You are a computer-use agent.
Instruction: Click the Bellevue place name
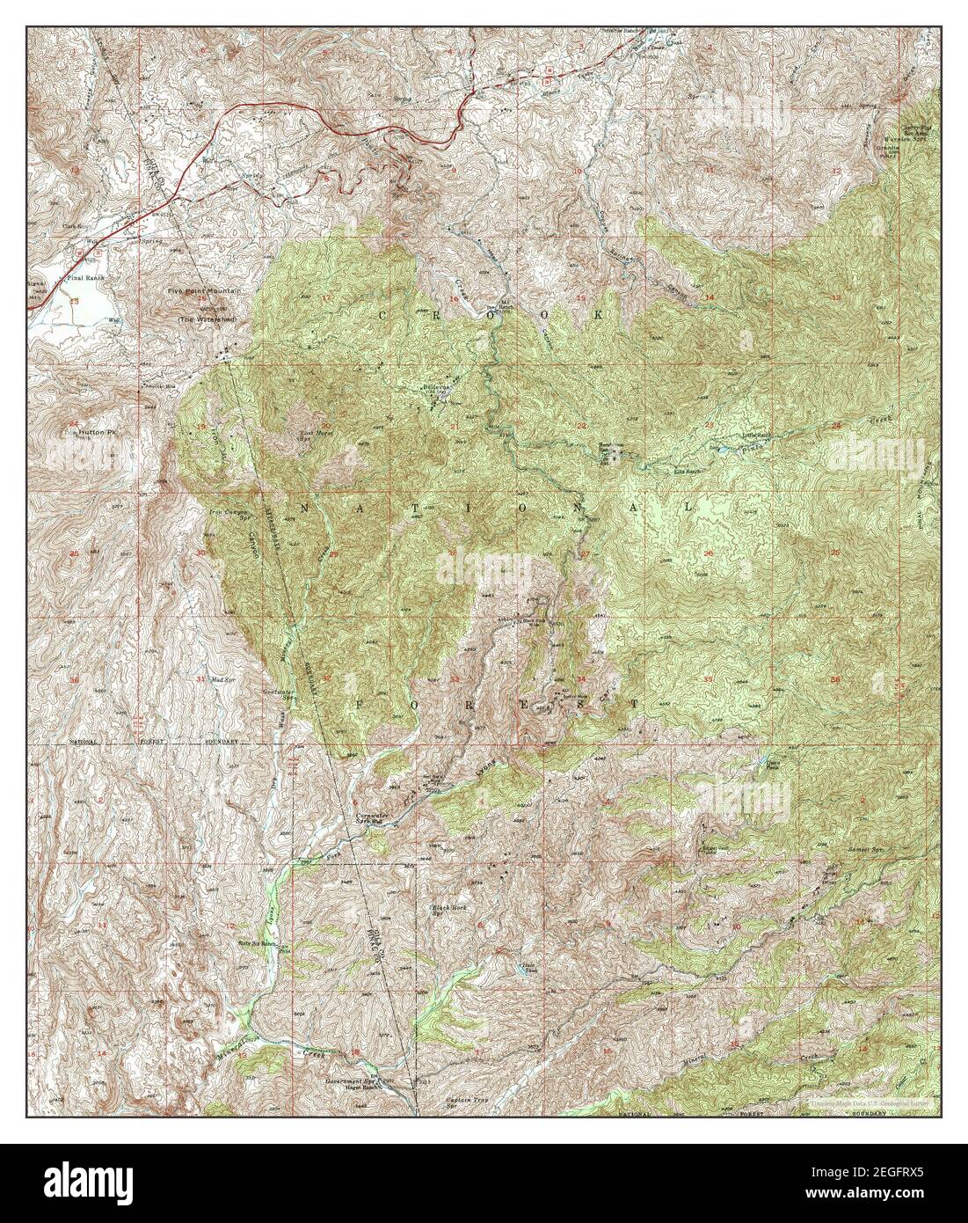(437, 387)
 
